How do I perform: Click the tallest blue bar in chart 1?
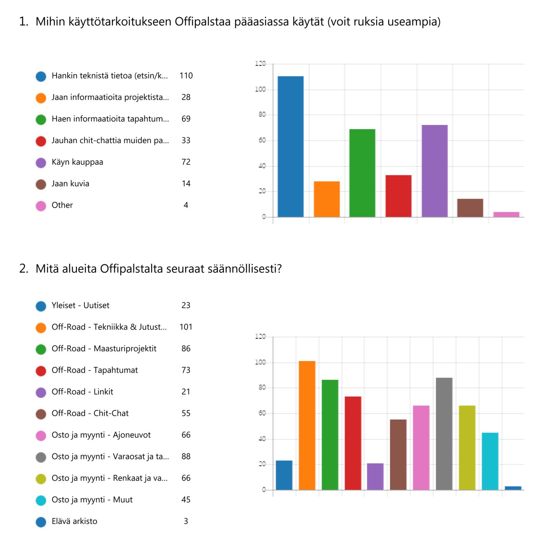[x=291, y=146]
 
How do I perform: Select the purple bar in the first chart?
[x=434, y=171]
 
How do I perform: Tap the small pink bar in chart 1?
[x=506, y=215]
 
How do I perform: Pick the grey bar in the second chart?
[x=444, y=434]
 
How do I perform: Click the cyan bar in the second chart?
[x=490, y=461]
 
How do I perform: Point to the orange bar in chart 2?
[x=307, y=425]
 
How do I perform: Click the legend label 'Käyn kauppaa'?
[x=77, y=162]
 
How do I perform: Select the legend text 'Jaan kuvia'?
[x=70, y=184]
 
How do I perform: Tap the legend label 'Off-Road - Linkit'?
[x=82, y=392]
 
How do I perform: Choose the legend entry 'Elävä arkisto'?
[x=75, y=521]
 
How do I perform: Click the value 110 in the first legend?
[x=186, y=76]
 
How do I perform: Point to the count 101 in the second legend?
[x=186, y=327]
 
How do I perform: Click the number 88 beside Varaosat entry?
[x=186, y=456]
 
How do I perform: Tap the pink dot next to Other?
[x=41, y=206]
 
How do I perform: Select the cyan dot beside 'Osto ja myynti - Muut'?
[x=41, y=500]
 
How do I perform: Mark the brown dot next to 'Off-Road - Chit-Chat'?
[x=41, y=414]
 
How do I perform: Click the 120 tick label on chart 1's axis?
[x=260, y=64]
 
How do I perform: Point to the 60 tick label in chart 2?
[x=262, y=413]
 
